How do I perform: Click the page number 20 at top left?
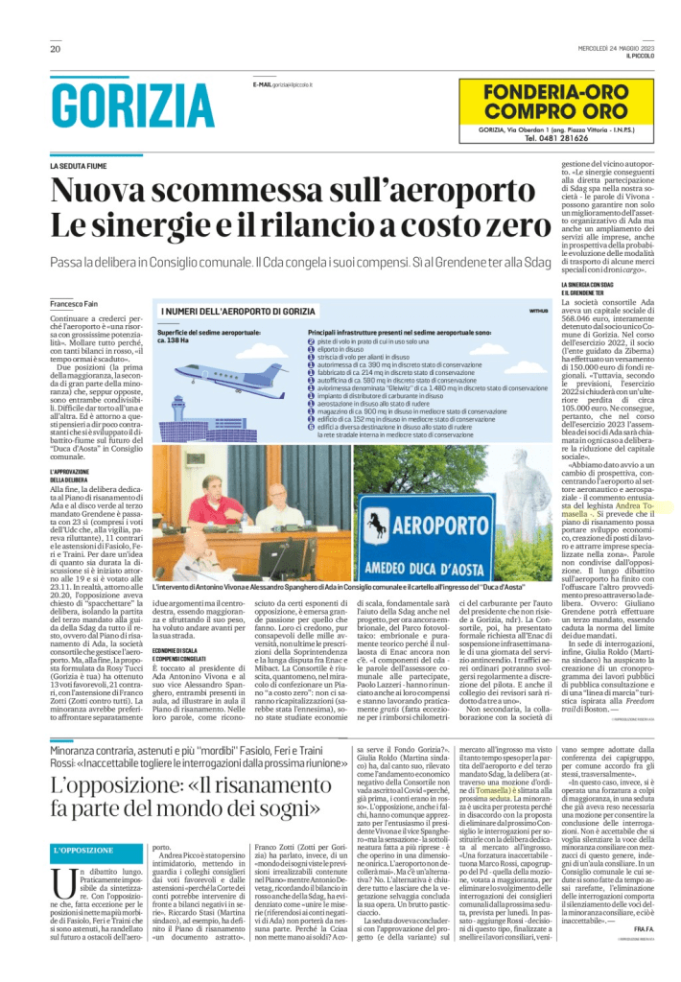[56, 49]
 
